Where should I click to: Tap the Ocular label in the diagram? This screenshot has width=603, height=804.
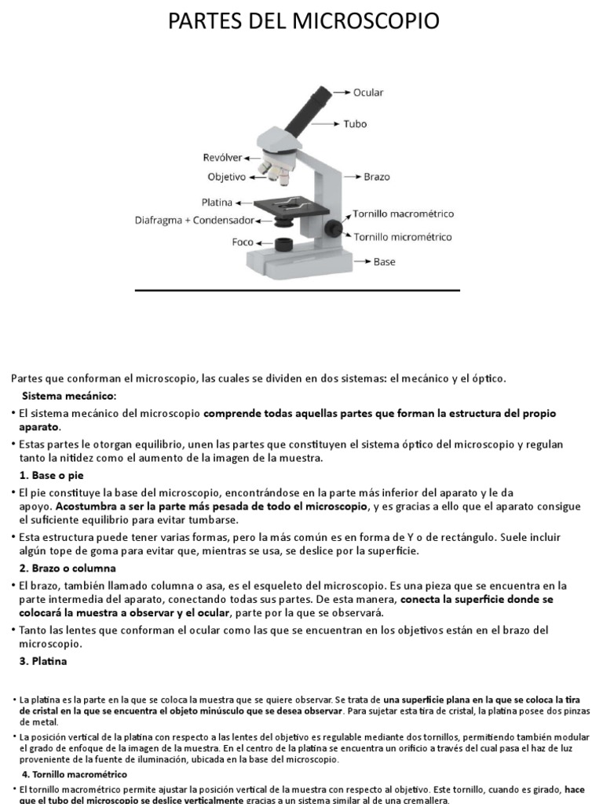coord(368,93)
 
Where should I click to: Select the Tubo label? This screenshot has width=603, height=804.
coord(355,124)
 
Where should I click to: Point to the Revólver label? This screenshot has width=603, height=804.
coord(222,158)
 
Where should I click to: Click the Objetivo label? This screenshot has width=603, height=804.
coord(226,177)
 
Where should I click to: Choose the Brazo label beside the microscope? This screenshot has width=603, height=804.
coord(377,177)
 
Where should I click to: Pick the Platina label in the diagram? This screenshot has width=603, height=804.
coord(217,202)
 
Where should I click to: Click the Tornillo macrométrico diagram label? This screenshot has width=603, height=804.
coord(403,214)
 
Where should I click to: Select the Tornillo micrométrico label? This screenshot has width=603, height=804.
coord(402,236)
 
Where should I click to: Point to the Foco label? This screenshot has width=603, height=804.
coord(243,242)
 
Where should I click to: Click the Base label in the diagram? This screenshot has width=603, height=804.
coord(384,261)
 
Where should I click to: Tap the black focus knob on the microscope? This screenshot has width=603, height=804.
coord(335,228)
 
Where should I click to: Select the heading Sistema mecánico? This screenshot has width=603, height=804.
coord(68,395)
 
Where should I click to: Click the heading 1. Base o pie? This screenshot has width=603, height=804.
coord(51,476)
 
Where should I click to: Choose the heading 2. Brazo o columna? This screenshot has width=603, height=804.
coord(67,568)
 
